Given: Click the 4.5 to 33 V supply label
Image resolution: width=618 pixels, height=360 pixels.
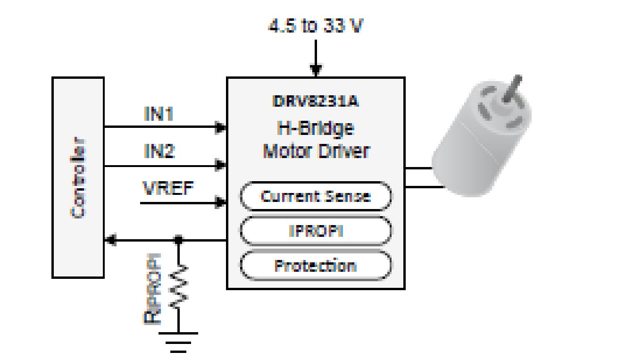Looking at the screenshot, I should tap(316, 26).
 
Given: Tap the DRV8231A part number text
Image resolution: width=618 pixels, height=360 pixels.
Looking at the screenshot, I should tap(316, 101).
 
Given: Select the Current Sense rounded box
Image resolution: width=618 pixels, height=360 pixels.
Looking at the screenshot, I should tap(316, 196).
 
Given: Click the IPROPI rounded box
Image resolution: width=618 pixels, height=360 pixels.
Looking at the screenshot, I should tap(316, 231).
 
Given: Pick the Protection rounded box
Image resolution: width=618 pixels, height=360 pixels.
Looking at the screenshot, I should tap(316, 266).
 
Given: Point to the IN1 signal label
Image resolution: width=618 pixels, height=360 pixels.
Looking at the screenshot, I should tap(159, 114).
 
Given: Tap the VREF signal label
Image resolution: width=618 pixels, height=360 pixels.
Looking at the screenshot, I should tap(168, 189).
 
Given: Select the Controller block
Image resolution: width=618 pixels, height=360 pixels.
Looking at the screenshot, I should tap(78, 177).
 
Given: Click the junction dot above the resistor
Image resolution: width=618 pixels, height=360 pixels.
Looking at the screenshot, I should tap(178, 240).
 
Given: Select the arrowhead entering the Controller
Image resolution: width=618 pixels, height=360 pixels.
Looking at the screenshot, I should tap(110, 240).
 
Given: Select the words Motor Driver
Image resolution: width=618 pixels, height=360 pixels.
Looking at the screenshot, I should tap(316, 152).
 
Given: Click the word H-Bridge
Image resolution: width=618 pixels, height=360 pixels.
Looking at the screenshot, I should tap(316, 128).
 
